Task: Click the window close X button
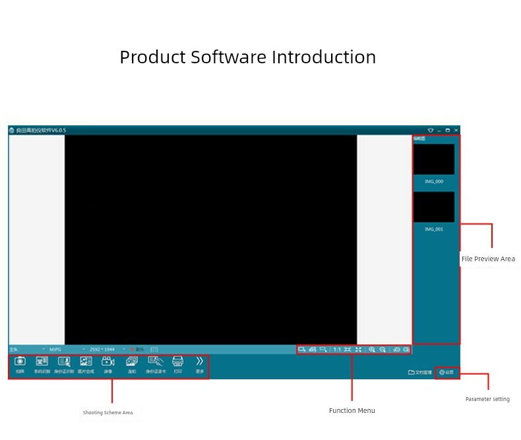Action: point(456,131)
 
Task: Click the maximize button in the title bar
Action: point(448,131)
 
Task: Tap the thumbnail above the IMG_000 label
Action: point(434,159)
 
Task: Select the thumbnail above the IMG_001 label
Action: point(434,206)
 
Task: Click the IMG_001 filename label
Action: point(434,230)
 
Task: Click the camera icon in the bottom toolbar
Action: point(20,361)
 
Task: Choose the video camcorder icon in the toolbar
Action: point(108,361)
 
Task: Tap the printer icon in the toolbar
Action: point(177,361)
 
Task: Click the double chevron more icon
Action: point(200,361)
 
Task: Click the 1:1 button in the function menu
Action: point(337,350)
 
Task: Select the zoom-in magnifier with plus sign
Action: point(372,350)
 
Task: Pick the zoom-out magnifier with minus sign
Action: point(383,350)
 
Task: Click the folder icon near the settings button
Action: point(412,373)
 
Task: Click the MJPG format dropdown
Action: point(67,349)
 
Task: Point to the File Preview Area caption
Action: point(488,259)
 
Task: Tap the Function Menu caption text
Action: point(352,411)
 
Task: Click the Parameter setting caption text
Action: point(487,399)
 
